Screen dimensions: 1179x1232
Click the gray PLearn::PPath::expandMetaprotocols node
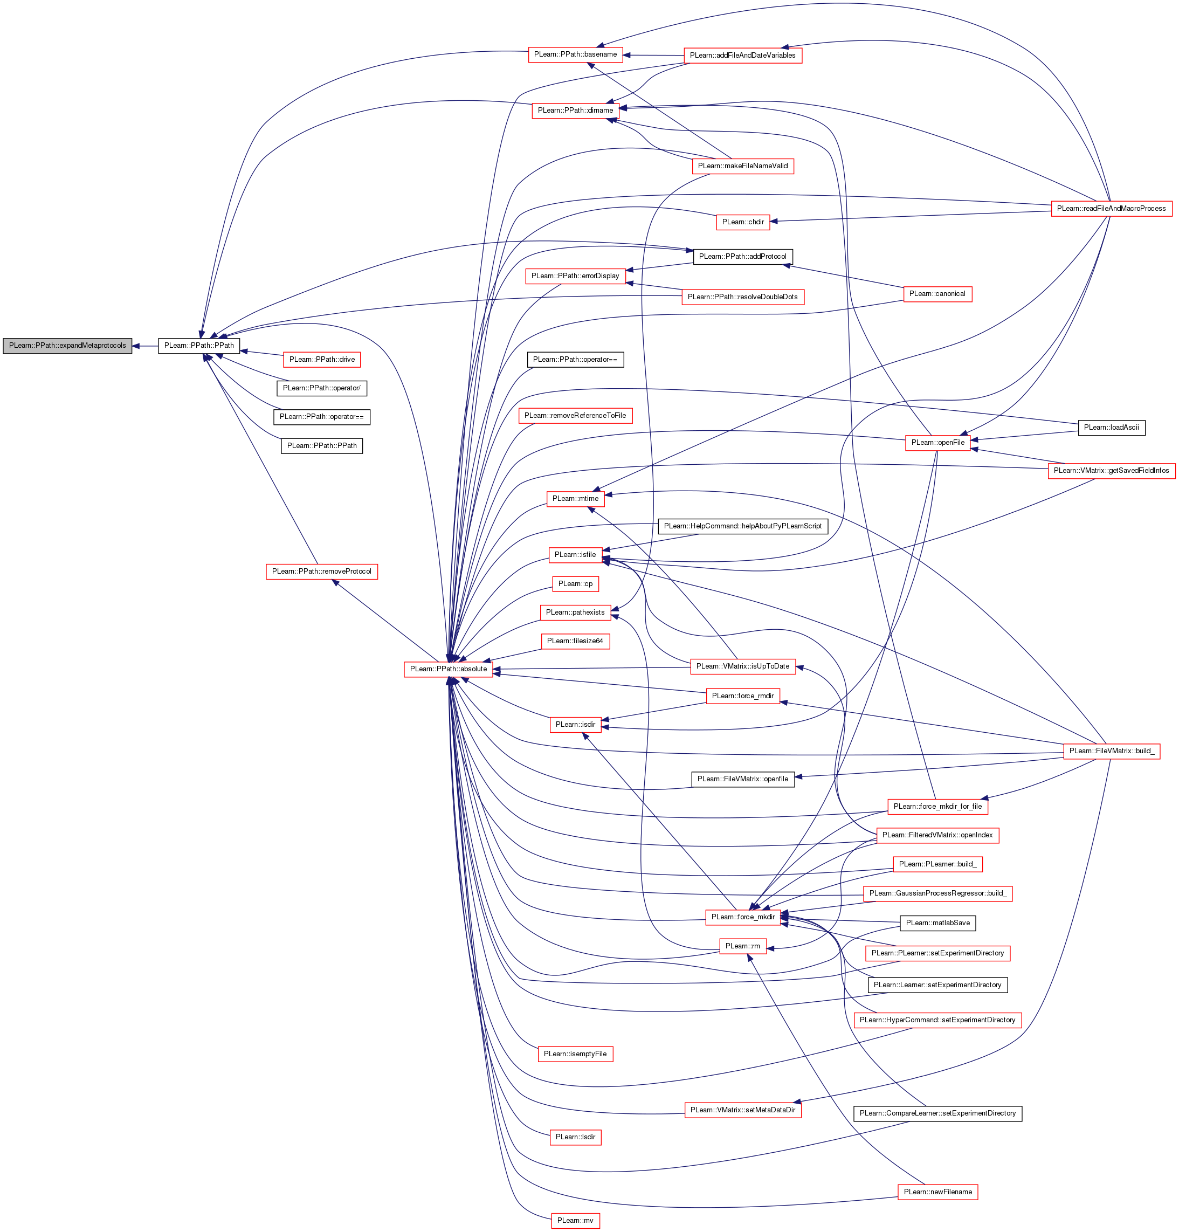tap(67, 346)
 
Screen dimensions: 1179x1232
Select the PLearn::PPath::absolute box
tap(448, 669)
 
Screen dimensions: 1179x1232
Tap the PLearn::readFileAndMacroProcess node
tap(1111, 209)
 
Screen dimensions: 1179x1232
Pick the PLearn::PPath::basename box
tap(575, 54)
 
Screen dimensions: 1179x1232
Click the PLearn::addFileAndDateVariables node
tap(742, 56)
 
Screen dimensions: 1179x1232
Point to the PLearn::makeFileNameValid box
tap(742, 166)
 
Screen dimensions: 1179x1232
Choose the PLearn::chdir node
tap(743, 222)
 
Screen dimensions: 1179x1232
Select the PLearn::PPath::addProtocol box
tap(742, 257)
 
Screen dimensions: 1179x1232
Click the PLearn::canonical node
tap(937, 293)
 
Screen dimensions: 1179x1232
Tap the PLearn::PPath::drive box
tap(322, 360)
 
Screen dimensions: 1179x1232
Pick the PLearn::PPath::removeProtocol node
tap(321, 572)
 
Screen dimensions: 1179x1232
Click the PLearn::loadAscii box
tap(1111, 428)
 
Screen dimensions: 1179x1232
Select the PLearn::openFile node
tap(937, 443)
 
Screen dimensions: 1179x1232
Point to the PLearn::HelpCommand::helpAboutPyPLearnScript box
tap(742, 526)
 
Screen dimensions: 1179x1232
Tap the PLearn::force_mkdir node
tap(743, 917)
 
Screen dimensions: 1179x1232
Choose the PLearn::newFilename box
tap(937, 1192)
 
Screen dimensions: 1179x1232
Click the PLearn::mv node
tap(575, 1221)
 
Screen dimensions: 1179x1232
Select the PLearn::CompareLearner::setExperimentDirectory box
tap(937, 1113)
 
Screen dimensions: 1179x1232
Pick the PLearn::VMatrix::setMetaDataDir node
tap(742, 1110)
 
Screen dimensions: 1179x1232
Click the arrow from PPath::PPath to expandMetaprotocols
tap(145, 346)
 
